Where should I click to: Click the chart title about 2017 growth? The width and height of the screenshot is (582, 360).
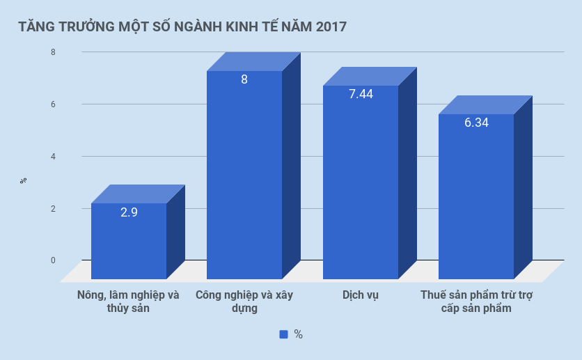click(182, 27)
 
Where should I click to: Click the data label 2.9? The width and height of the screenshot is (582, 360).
click(129, 212)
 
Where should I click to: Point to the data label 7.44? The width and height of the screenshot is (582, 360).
click(361, 94)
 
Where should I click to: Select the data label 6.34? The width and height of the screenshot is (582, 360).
click(476, 123)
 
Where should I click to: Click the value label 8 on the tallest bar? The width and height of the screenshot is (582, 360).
click(244, 79)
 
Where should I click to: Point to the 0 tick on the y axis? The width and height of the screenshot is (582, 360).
click(53, 260)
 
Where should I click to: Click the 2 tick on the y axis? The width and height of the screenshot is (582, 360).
click(53, 208)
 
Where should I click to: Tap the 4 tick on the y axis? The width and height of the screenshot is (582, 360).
click(53, 156)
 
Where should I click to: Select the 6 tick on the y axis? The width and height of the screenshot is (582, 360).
click(53, 104)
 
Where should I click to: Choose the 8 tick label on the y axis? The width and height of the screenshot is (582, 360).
click(53, 52)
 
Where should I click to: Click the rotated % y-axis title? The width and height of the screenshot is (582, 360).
click(23, 180)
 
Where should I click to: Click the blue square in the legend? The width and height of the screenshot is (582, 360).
click(283, 334)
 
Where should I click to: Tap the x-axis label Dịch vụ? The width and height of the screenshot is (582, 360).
click(360, 295)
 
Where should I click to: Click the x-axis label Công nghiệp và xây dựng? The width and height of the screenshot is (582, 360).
click(244, 301)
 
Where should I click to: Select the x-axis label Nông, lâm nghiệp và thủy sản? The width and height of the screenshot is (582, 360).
click(129, 301)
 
